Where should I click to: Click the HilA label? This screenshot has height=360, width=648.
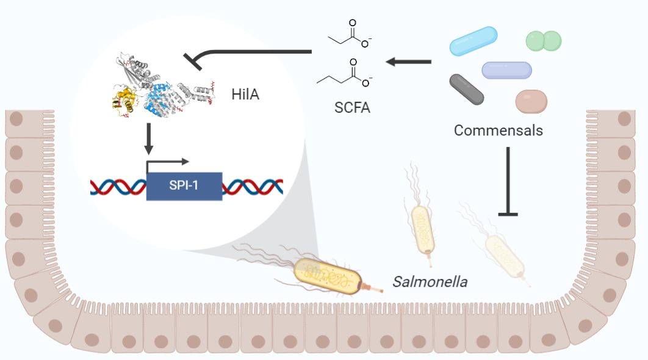[245, 95]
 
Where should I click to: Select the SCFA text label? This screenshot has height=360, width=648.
[352, 108]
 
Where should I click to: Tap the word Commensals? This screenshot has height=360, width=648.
[499, 130]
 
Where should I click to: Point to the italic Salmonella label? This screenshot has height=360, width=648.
[430, 282]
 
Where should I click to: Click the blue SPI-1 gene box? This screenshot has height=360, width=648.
[184, 185]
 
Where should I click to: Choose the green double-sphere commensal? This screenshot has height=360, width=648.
[543, 41]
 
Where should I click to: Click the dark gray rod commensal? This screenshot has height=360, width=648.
[467, 89]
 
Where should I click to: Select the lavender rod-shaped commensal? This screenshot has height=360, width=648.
[506, 70]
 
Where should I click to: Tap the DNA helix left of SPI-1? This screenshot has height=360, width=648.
[118, 186]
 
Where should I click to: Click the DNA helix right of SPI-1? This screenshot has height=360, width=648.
[252, 186]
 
